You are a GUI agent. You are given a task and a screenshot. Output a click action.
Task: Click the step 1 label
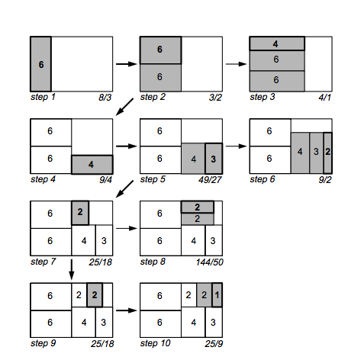(x=43, y=97)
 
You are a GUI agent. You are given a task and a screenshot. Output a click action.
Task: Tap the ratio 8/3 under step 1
(x=105, y=98)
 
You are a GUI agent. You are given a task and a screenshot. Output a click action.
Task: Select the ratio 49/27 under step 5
(x=210, y=180)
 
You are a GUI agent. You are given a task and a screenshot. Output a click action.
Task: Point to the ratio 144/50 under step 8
(x=209, y=262)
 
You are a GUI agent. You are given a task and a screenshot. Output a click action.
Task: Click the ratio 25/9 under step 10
(x=214, y=344)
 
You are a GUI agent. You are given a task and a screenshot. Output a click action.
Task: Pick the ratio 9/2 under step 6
(x=325, y=180)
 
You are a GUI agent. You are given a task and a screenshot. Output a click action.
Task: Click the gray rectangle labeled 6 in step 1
(x=40, y=64)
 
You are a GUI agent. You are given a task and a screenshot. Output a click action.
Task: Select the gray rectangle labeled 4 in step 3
(x=277, y=43)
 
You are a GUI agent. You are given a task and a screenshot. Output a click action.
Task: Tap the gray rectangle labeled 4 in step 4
(x=92, y=165)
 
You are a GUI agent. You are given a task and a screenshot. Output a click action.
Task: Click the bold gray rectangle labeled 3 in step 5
(x=214, y=159)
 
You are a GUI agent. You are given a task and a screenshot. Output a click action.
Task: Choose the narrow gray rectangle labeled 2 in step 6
(x=328, y=153)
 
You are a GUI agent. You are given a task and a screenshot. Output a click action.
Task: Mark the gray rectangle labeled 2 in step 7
(x=80, y=213)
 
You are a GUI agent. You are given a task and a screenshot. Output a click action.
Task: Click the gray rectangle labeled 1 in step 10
(x=217, y=295)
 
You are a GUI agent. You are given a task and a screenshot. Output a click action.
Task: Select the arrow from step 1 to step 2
(x=127, y=64)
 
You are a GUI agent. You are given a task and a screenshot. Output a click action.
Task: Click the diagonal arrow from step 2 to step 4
(x=124, y=107)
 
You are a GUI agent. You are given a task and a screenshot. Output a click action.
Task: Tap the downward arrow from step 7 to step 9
(x=72, y=269)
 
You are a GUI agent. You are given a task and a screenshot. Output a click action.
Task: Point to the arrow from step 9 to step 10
(x=127, y=310)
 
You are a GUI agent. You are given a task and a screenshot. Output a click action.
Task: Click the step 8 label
(x=153, y=262)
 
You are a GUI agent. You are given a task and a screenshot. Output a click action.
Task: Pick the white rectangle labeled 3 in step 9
(x=104, y=322)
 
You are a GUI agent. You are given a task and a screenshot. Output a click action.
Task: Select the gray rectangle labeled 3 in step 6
(x=317, y=153)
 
